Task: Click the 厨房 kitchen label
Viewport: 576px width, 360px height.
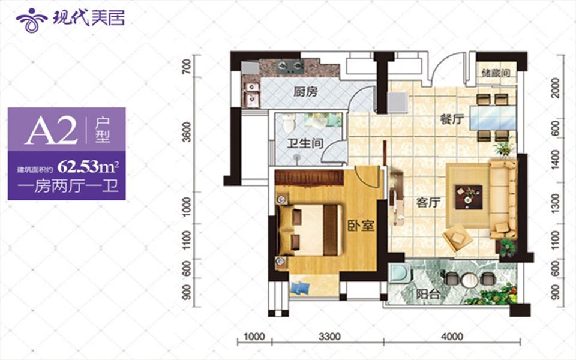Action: [305, 91]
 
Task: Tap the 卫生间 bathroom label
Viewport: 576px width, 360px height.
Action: [305, 143]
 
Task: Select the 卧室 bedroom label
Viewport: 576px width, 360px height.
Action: [361, 225]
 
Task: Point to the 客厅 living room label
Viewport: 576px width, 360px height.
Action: [428, 202]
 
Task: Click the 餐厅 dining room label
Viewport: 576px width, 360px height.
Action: [452, 119]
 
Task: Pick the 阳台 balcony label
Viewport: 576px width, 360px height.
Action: [428, 294]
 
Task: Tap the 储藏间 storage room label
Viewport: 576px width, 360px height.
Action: [496, 73]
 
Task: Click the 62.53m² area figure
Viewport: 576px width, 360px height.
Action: [88, 167]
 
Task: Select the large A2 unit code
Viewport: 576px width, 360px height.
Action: [51, 131]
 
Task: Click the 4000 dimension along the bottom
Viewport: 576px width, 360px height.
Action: [452, 337]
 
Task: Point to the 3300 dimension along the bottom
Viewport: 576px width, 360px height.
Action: [329, 337]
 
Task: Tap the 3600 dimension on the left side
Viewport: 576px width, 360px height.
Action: [187, 132]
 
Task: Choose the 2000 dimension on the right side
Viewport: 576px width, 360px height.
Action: [556, 88]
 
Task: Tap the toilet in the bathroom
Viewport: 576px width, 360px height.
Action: [289, 122]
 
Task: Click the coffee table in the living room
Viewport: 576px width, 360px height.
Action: [469, 197]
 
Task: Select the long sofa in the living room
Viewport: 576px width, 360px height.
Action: [503, 199]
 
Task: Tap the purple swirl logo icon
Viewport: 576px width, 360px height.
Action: [31, 20]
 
